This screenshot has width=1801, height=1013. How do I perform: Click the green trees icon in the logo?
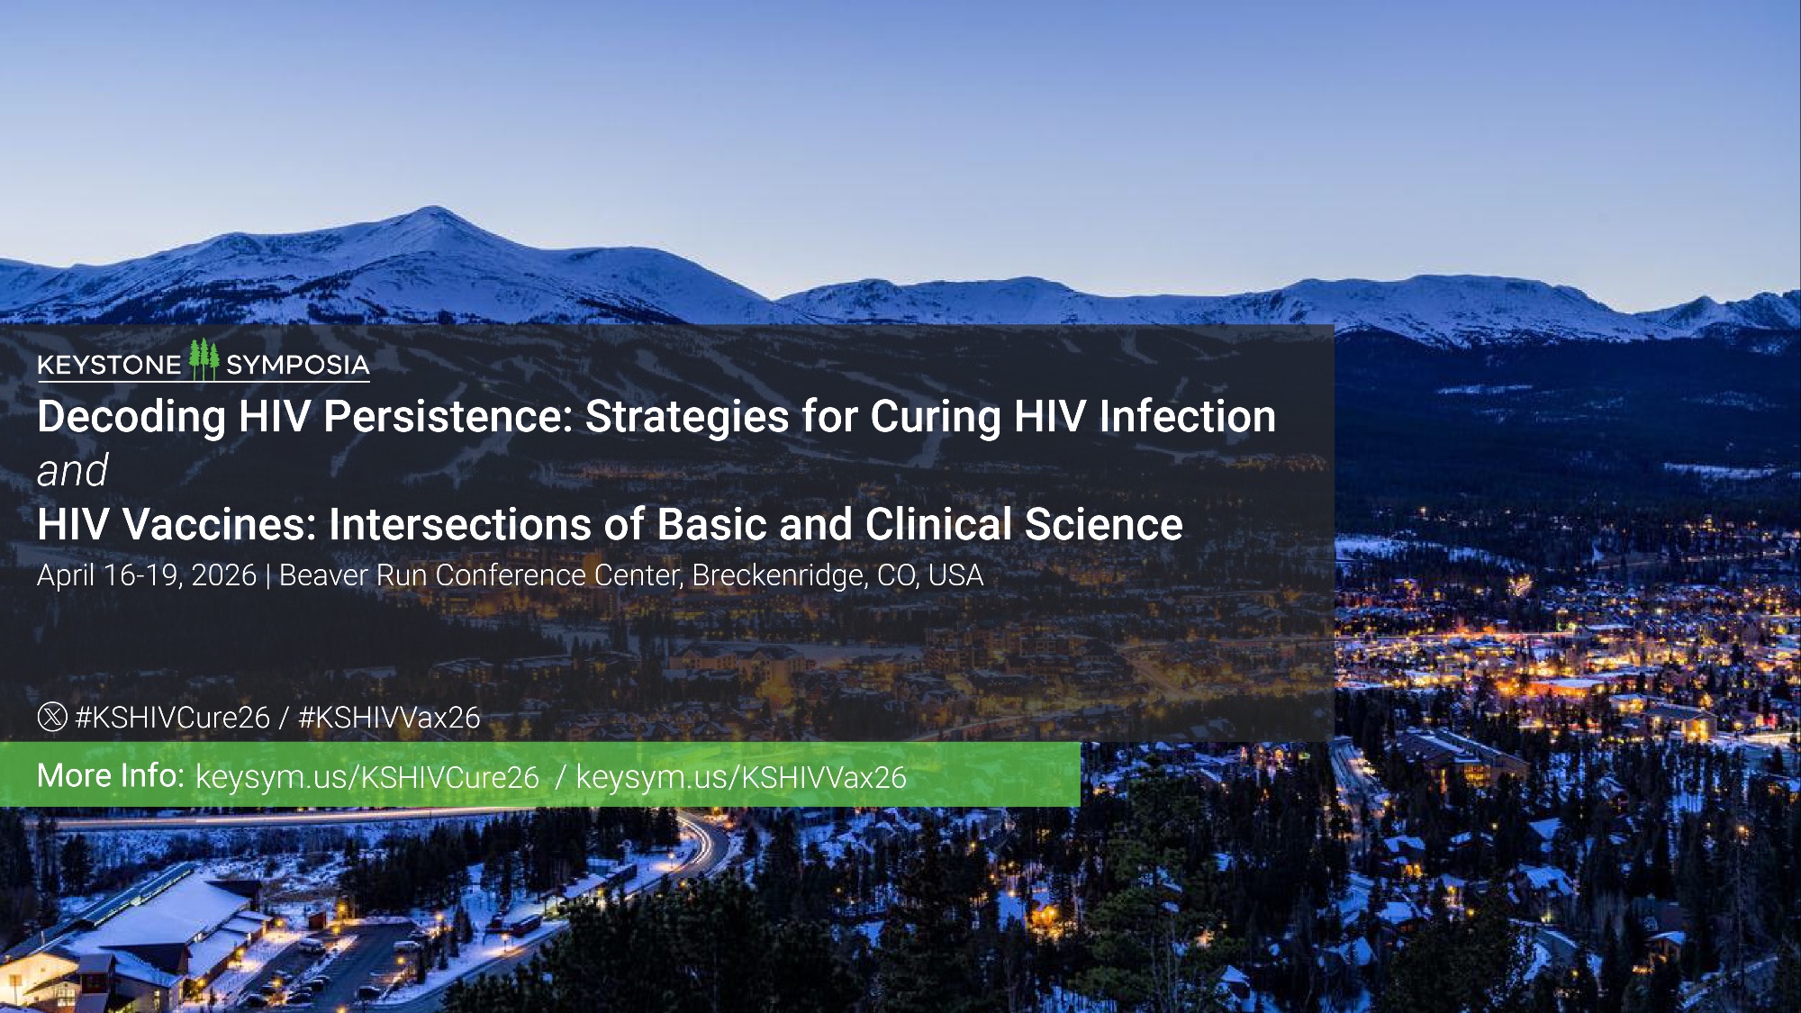[204, 359]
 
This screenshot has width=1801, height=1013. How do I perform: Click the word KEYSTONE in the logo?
[110, 365]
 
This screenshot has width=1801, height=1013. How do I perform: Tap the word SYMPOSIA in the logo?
[298, 365]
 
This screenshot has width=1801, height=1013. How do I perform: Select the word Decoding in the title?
[131, 417]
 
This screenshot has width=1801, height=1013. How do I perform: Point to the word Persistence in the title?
[448, 416]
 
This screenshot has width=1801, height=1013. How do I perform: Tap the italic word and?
[73, 470]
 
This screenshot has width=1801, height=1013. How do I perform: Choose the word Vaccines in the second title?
[220, 524]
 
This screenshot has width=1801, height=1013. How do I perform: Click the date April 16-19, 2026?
[147, 574]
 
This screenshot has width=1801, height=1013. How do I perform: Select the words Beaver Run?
[354, 574]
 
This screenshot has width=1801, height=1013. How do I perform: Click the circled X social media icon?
[52, 717]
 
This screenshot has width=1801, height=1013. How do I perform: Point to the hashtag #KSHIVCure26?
[173, 718]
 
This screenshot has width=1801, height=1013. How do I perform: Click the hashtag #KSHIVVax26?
[389, 718]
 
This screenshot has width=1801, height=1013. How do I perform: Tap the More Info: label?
[111, 775]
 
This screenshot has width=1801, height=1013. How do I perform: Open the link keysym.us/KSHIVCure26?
[367, 777]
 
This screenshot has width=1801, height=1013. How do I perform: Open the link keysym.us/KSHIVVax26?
[741, 777]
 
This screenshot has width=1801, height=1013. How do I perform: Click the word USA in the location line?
[955, 574]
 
